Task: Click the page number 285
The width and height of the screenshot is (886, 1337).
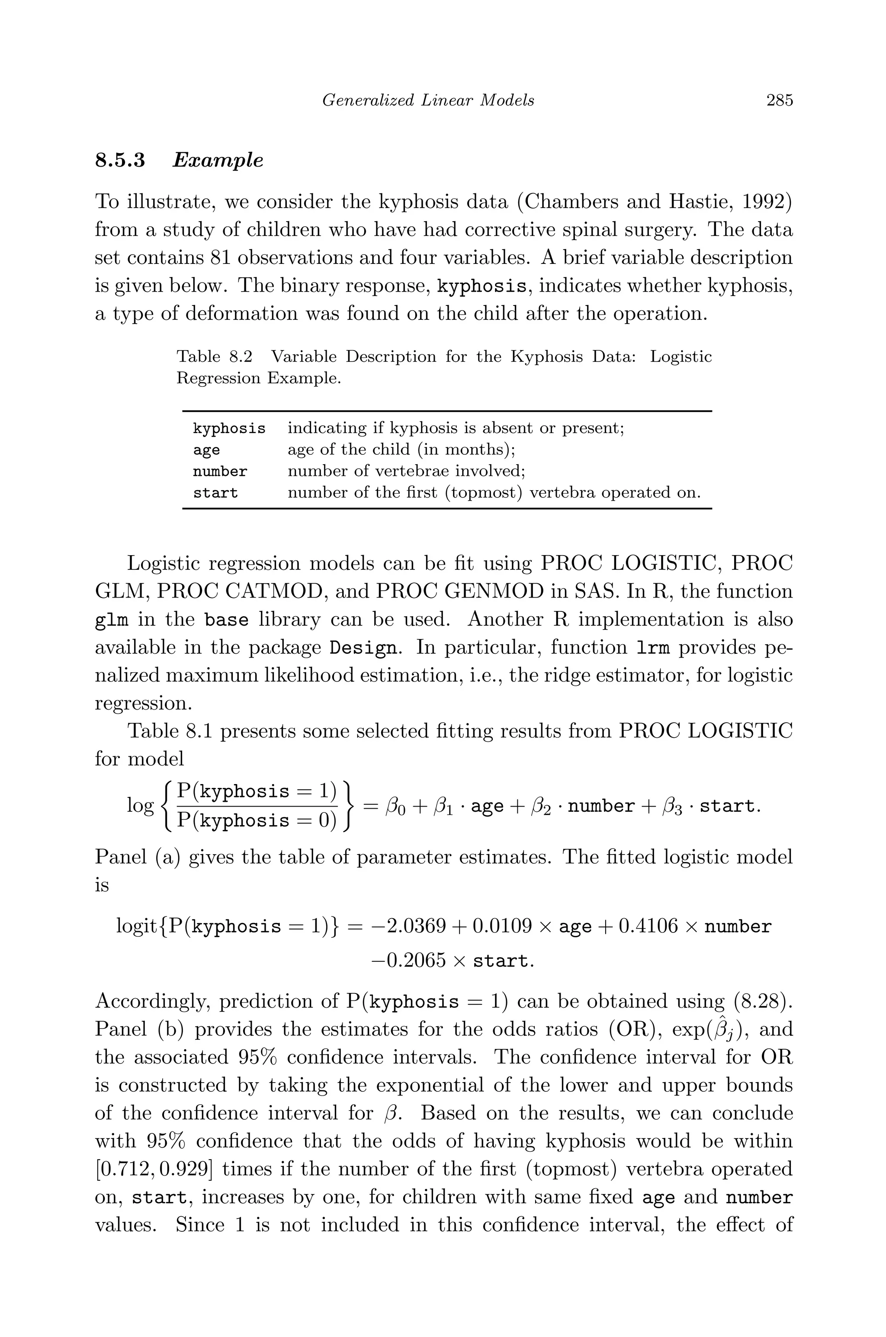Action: pos(779,100)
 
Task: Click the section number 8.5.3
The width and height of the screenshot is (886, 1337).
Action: pos(120,161)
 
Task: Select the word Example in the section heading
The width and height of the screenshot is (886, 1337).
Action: pos(218,161)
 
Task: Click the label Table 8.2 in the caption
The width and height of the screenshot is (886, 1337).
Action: pos(215,357)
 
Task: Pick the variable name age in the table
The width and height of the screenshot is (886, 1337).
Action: pos(206,450)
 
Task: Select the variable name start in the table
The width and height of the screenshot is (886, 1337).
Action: pos(215,493)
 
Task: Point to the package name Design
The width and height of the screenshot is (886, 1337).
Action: pos(363,648)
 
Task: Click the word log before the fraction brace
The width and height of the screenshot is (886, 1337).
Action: pos(140,806)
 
